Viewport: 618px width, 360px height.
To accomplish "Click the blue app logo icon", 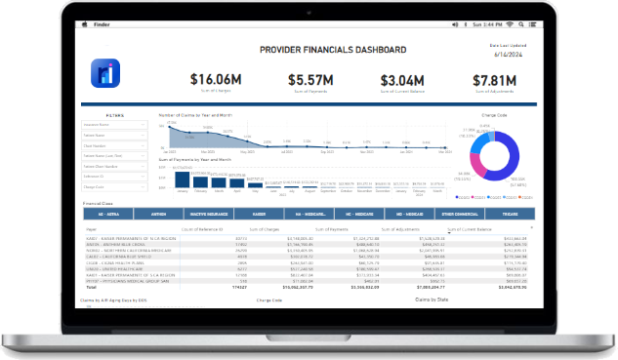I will point(103,73).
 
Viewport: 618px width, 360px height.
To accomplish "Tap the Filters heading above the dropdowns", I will point(115,115).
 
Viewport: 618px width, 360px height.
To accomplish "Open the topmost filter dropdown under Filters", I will point(115,126).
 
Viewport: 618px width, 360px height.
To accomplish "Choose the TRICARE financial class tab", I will point(511,212).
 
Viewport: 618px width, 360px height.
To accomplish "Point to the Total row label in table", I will point(91,288).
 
